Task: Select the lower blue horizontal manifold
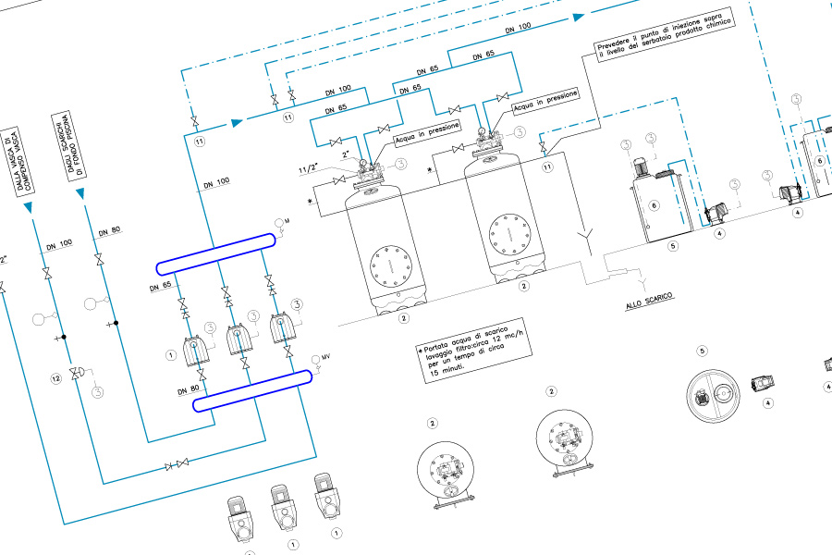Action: coord(252,390)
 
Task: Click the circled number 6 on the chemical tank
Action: coord(654,205)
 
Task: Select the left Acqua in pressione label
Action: coord(427,135)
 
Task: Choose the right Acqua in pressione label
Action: coord(545,99)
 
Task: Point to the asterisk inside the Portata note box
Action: coord(421,351)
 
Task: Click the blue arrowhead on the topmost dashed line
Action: coord(579,16)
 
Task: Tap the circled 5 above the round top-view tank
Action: coord(702,351)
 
